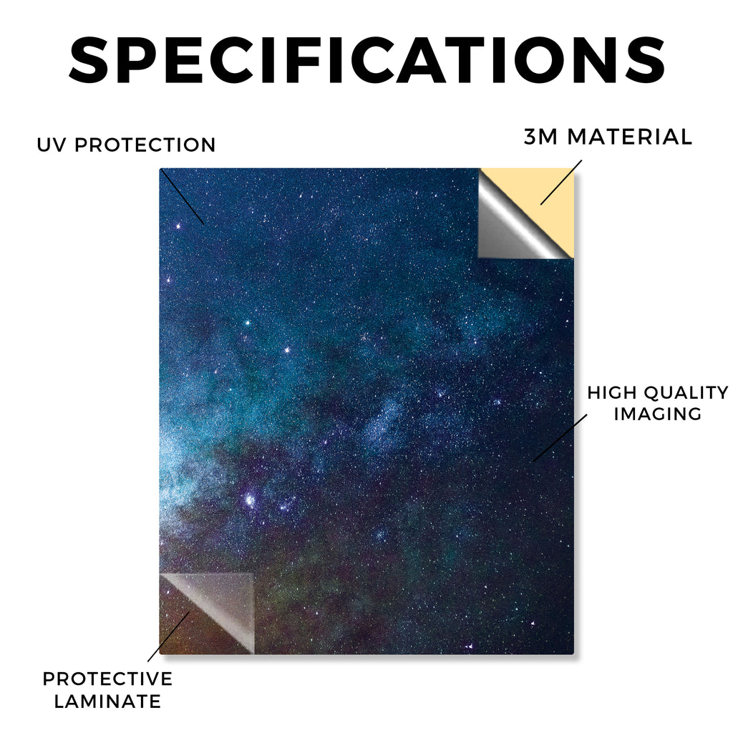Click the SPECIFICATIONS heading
click(x=367, y=60)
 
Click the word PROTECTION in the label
click(x=145, y=145)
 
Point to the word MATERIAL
click(x=629, y=137)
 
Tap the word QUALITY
click(x=686, y=393)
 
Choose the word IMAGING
click(x=657, y=414)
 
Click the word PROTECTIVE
click(x=107, y=679)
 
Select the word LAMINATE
click(x=107, y=702)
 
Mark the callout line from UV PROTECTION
click(x=182, y=197)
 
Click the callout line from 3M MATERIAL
click(x=561, y=183)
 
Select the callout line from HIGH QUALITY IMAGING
click(x=560, y=437)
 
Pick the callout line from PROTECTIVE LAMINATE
click(x=169, y=636)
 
